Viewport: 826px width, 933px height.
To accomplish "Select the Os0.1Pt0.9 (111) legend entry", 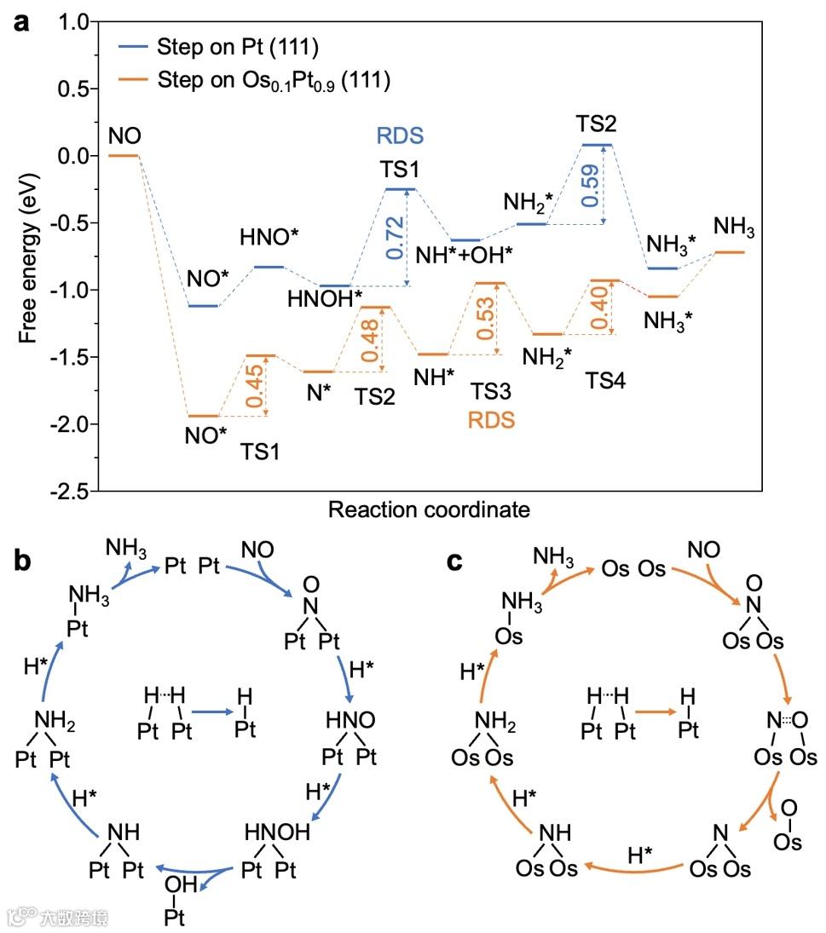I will coord(273,82).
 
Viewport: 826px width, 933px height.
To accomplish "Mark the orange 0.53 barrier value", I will coord(485,319).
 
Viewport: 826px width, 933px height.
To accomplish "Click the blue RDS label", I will coord(400,135).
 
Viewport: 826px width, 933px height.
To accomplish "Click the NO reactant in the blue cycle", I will coord(258,546).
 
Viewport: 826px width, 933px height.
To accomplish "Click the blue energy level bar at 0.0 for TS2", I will coord(596,145).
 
